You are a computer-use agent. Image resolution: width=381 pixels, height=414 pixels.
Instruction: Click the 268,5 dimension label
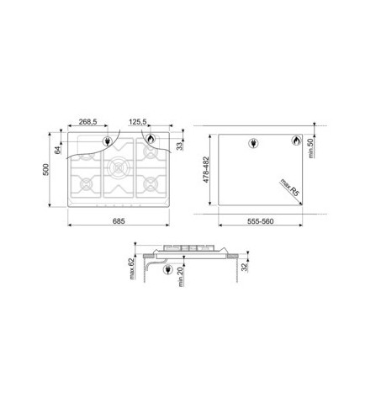[x=87, y=122]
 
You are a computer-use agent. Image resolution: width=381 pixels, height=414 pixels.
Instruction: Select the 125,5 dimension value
[x=138, y=122]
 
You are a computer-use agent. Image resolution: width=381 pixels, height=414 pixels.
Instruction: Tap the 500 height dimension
[x=45, y=169]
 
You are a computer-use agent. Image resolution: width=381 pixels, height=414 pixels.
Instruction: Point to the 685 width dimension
[x=119, y=221]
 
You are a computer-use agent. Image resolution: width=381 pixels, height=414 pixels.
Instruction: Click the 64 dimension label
[x=57, y=150]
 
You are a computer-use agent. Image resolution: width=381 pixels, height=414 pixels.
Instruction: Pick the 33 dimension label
[x=179, y=146]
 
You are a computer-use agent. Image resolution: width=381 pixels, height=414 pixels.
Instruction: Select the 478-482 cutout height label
[x=206, y=170]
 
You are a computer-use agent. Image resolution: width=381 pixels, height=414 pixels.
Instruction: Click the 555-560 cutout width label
[x=260, y=221]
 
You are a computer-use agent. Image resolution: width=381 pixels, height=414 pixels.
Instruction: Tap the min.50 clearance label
[x=310, y=148]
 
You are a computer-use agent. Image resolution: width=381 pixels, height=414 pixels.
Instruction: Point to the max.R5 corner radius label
[x=290, y=188]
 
